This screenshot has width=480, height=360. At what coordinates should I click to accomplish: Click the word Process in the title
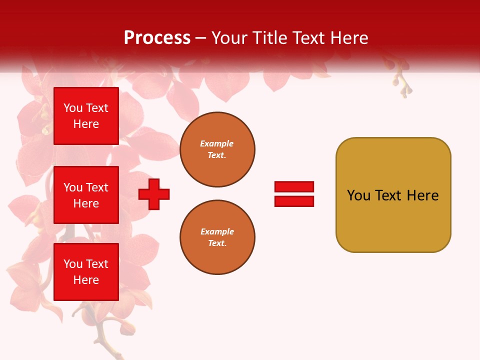pyautogui.click(x=157, y=38)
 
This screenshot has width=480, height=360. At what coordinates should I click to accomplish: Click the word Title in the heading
pyautogui.click(x=269, y=38)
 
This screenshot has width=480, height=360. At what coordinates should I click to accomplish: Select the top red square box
pyautogui.click(x=86, y=116)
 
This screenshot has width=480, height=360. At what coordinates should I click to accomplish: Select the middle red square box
pyautogui.click(x=86, y=195)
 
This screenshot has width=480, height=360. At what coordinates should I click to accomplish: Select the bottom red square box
pyautogui.click(x=86, y=271)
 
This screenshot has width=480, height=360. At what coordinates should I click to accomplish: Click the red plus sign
pyautogui.click(x=154, y=194)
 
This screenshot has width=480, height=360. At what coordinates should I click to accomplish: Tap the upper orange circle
pyautogui.click(x=217, y=149)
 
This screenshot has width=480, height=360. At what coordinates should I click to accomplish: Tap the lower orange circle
pyautogui.click(x=217, y=237)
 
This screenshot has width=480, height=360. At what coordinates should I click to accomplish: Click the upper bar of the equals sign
pyautogui.click(x=294, y=186)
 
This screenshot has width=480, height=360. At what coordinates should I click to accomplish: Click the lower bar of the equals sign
pyautogui.click(x=294, y=201)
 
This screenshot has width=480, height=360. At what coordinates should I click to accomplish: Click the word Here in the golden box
pyautogui.click(x=422, y=195)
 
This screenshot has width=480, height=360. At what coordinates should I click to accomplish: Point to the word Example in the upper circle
pyautogui.click(x=217, y=144)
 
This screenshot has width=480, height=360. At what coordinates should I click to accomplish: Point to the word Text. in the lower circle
pyautogui.click(x=217, y=243)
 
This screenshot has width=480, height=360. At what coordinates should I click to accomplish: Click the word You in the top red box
pyautogui.click(x=73, y=108)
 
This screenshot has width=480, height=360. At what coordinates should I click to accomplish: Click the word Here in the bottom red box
pyautogui.click(x=86, y=280)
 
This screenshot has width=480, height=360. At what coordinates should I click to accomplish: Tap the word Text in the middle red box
pyautogui.click(x=97, y=187)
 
